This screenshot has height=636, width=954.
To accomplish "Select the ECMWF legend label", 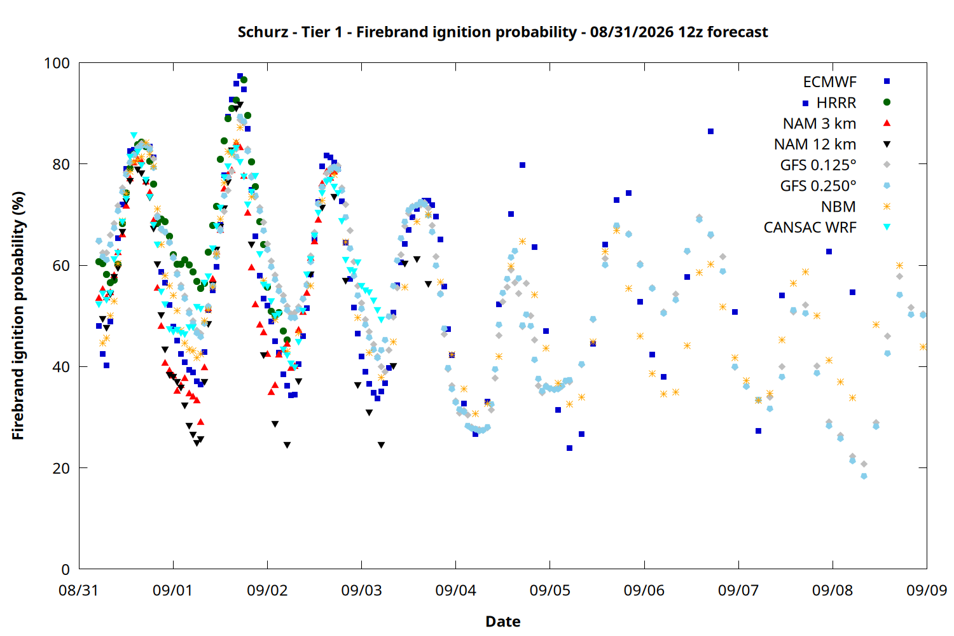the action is coord(829,82).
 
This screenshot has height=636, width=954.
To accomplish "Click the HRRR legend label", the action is coord(836,102).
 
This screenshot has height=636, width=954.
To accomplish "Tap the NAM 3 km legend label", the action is coord(819,123).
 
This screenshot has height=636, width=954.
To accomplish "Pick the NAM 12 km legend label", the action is coord(815,144).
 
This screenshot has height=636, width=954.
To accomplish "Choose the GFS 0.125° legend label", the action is coord(818,165).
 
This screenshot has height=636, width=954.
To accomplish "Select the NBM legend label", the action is coord(839,207).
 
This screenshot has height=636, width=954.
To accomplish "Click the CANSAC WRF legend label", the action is coord(810,228).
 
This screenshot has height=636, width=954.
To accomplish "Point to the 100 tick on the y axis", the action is coord(57,63).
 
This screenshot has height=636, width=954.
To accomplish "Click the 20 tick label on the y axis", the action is coord(61,468).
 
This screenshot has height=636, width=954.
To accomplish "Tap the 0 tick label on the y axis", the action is coord(65,569).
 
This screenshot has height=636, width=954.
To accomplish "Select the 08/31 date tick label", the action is coord(78,590).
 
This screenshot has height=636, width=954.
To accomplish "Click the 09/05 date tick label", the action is coord(550,590).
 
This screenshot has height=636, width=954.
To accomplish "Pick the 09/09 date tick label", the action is coord(927,590).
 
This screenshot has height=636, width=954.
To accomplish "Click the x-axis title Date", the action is coord(503,621).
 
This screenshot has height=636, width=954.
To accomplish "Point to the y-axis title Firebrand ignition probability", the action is coord(18,315).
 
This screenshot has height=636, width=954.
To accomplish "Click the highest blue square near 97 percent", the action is coord(240,76).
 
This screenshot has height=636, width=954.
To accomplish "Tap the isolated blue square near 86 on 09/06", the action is coord(711,132).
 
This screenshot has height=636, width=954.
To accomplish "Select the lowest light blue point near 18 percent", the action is coord(864,476).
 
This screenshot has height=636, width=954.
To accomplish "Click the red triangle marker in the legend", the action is coord(887,123).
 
